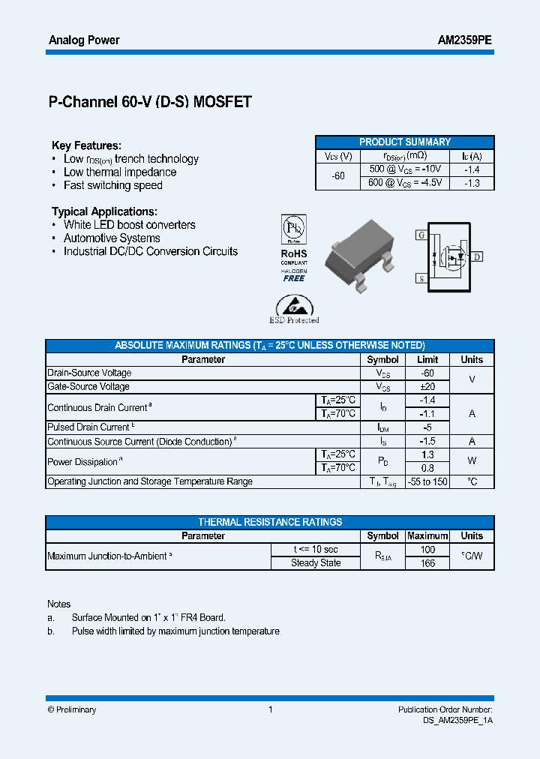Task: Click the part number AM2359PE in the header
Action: pyautogui.click(x=464, y=40)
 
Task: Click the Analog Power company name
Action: pyautogui.click(x=84, y=40)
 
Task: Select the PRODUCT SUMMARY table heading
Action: pyautogui.click(x=404, y=142)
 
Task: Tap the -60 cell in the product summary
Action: pyautogui.click(x=338, y=176)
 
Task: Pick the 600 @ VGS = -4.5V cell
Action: pyautogui.click(x=405, y=183)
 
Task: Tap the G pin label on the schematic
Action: pyautogui.click(x=420, y=235)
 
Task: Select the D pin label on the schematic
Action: pyautogui.click(x=477, y=256)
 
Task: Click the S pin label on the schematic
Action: pyautogui.click(x=420, y=279)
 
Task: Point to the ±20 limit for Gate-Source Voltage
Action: pyautogui.click(x=427, y=387)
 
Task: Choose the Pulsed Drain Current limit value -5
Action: pyautogui.click(x=427, y=427)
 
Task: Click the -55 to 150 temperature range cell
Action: pyautogui.click(x=427, y=481)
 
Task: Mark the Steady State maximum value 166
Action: pyautogui.click(x=427, y=563)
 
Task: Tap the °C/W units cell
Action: pyautogui.click(x=472, y=556)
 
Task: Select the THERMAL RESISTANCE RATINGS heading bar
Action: pyautogui.click(x=270, y=522)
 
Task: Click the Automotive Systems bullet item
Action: pyautogui.click(x=112, y=238)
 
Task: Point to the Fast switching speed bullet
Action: pyautogui.click(x=112, y=185)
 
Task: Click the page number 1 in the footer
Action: pyautogui.click(x=270, y=709)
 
